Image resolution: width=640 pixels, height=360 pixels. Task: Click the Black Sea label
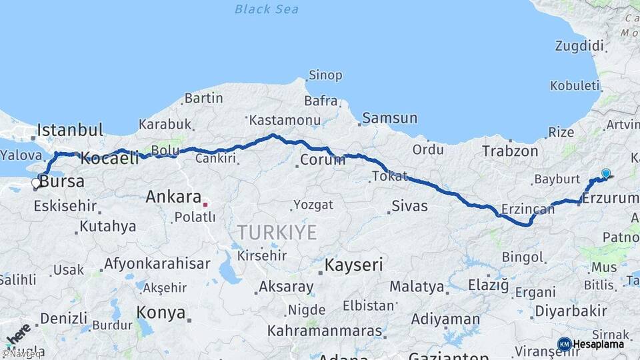[x=267, y=9]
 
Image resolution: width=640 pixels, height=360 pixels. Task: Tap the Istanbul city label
[x=70, y=130]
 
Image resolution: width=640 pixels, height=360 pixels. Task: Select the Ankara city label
[x=173, y=197]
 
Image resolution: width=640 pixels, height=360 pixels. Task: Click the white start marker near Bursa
[x=37, y=183]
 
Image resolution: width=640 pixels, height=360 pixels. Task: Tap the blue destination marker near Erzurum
[x=605, y=174]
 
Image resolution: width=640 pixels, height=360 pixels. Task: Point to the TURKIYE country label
[x=277, y=232]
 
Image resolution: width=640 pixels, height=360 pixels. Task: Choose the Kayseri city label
[x=353, y=265]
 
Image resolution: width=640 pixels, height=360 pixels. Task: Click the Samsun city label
[x=391, y=118]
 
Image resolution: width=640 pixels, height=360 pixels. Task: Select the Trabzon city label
[x=510, y=151]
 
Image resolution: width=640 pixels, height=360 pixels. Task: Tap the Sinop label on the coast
[x=325, y=75]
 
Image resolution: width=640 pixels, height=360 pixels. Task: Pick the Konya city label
[x=161, y=312]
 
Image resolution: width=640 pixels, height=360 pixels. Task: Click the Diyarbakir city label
[x=571, y=311]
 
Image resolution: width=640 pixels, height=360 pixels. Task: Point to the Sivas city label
[x=409, y=205]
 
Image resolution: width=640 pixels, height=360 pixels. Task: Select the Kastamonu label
[x=276, y=121]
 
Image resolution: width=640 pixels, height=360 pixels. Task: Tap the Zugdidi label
[x=579, y=46]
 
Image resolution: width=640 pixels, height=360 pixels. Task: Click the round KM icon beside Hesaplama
[x=564, y=344]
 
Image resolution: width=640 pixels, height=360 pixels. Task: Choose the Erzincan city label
[x=527, y=209]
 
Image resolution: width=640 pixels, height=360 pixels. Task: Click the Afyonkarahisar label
[x=157, y=263]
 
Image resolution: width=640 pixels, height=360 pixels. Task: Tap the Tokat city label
[x=389, y=176]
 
